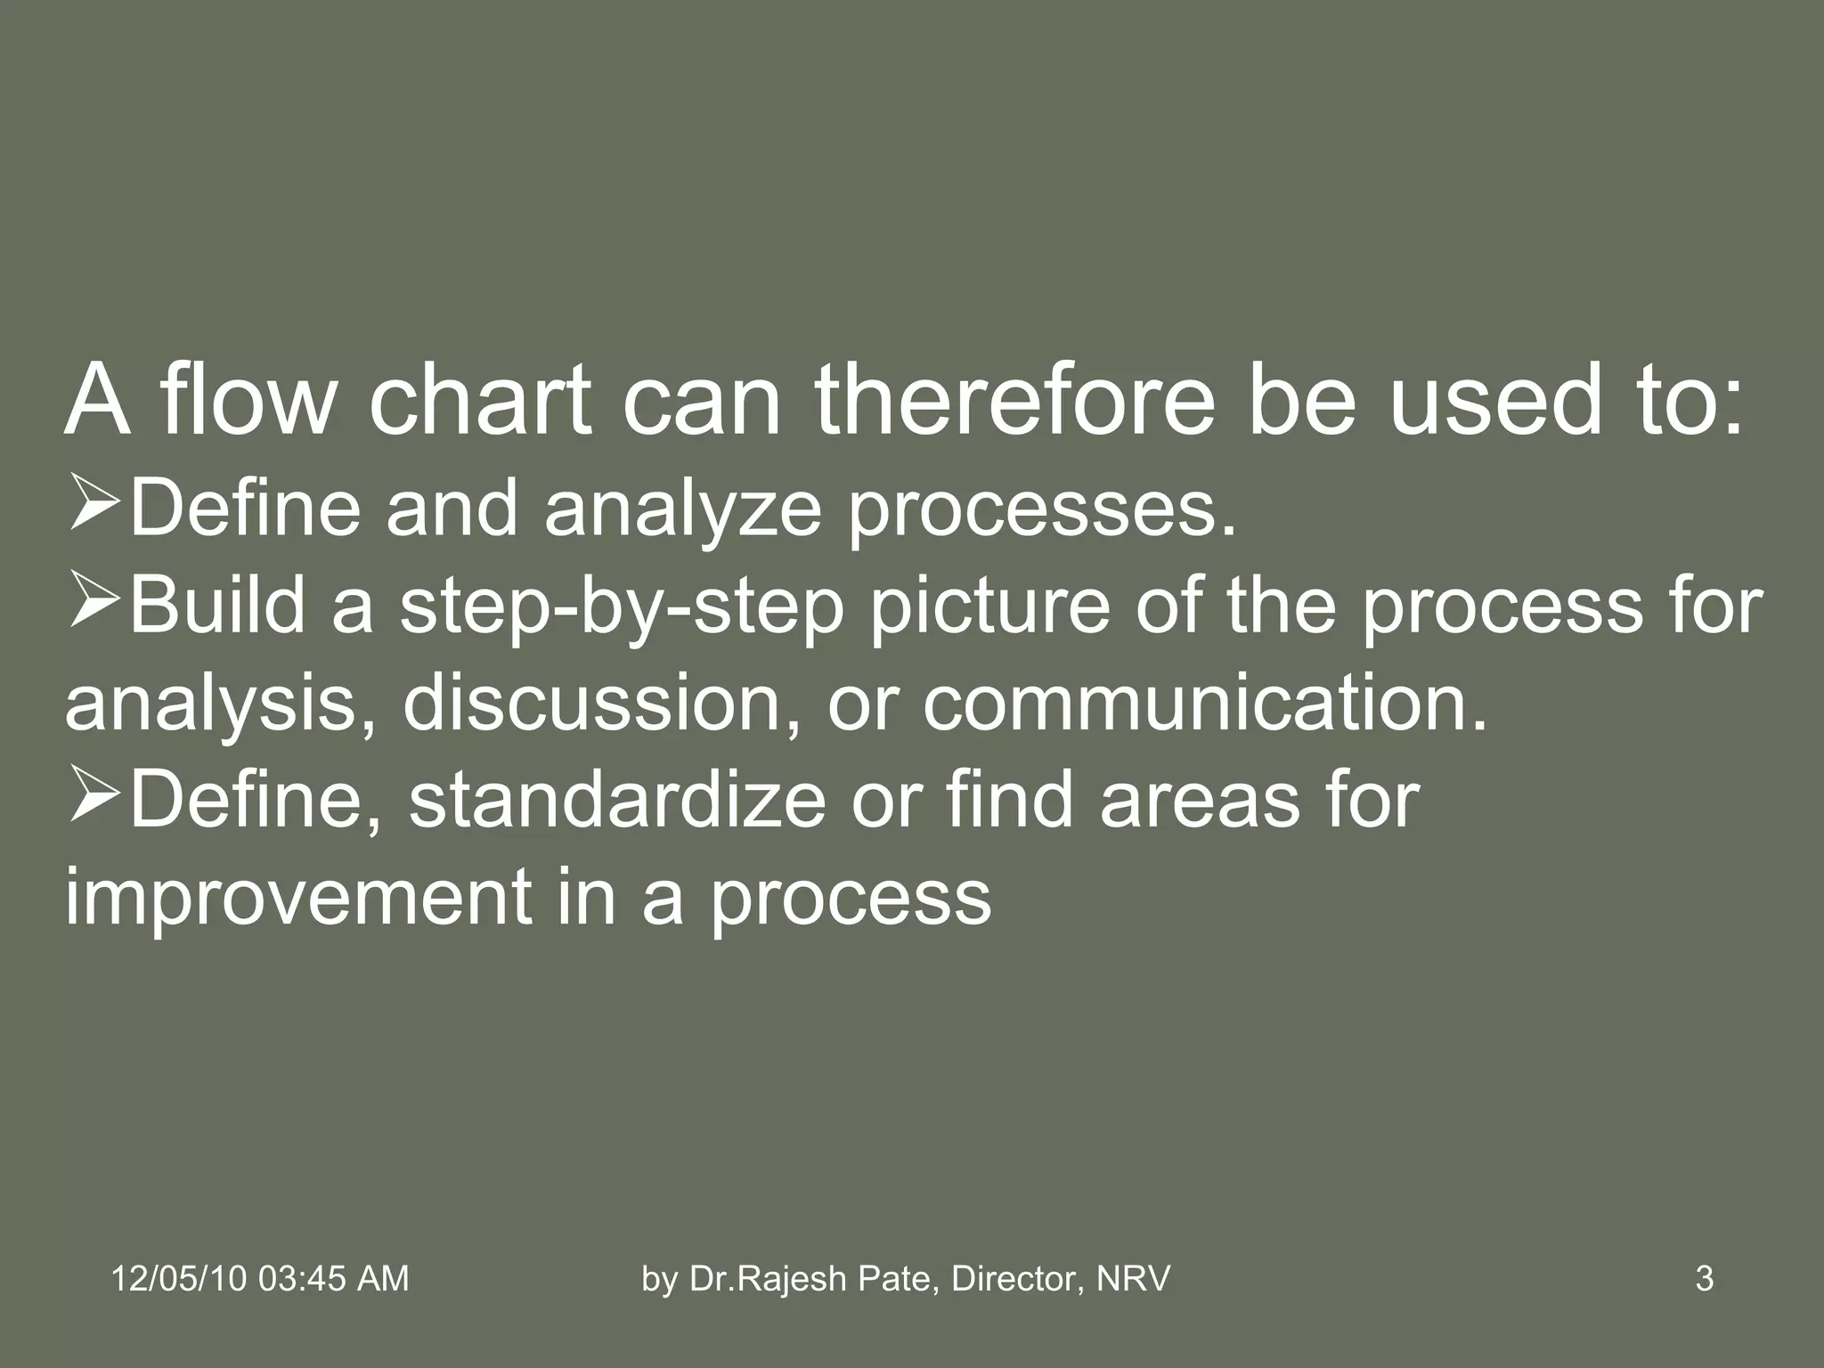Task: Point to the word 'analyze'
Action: [682, 509]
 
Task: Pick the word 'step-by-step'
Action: [622, 607]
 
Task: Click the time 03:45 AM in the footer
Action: [333, 1279]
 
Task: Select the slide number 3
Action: [1704, 1279]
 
